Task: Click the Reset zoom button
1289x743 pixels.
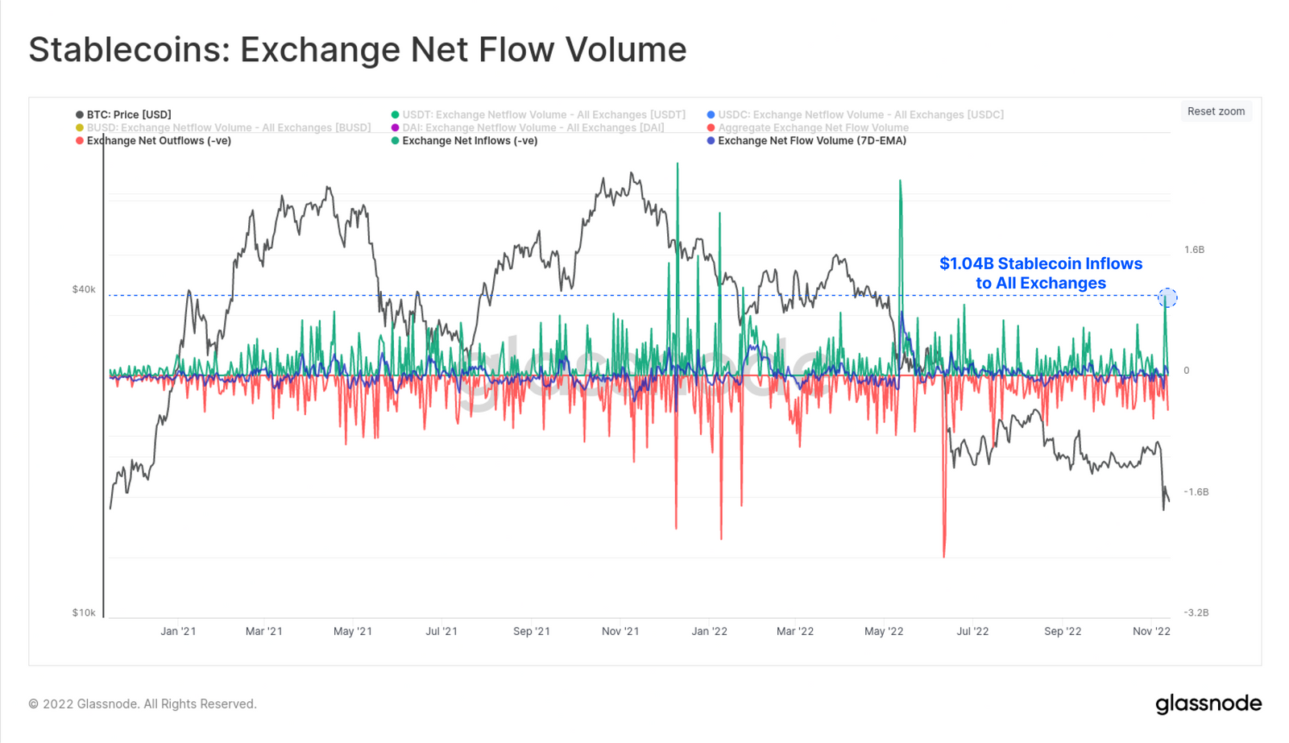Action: tap(1216, 111)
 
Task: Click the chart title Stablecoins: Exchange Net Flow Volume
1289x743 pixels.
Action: tap(358, 49)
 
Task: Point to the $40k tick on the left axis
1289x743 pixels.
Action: tap(84, 289)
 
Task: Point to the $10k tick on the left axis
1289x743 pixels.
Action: tap(84, 612)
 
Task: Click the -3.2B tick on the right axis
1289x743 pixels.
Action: tap(1196, 612)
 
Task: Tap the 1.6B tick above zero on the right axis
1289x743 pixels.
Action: tap(1194, 250)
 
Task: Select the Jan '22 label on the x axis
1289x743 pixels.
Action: tap(709, 631)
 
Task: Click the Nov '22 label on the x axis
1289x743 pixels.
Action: tap(1151, 631)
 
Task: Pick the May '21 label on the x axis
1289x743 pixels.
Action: tap(353, 631)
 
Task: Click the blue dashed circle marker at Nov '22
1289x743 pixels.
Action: tap(1167, 298)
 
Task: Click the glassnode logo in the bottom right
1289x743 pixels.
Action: tap(1208, 704)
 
